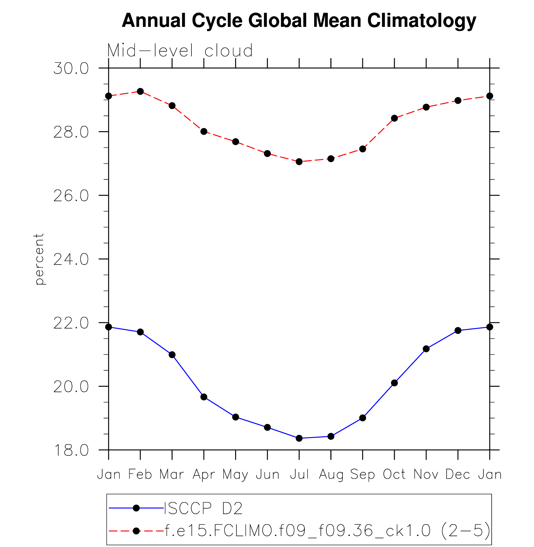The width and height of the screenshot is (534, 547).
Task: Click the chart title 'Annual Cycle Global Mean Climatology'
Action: point(299,21)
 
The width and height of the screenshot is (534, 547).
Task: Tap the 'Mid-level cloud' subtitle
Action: point(180,51)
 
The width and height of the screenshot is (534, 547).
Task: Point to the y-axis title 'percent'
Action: point(39,259)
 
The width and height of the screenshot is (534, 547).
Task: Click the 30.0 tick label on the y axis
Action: point(71,68)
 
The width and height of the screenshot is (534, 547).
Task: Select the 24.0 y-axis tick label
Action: point(71,259)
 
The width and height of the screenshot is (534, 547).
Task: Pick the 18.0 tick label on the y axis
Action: point(71,450)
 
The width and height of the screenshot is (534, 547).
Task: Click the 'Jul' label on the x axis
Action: point(299,475)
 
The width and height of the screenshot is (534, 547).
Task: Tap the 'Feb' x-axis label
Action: point(140,475)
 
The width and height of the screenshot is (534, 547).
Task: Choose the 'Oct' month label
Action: point(394,475)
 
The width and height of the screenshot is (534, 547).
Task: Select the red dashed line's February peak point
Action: point(140,91)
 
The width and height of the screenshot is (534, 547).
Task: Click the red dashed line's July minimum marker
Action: point(299,162)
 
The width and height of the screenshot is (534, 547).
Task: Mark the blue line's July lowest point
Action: point(299,438)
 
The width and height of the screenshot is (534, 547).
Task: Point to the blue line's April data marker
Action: point(204,397)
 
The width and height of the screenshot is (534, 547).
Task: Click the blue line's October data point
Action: point(394,383)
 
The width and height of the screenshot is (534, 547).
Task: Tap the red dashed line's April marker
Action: point(204,132)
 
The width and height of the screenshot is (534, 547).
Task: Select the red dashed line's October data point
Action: point(394,118)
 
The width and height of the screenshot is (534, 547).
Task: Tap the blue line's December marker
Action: point(458,331)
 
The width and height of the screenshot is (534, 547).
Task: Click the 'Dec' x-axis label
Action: point(458,475)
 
